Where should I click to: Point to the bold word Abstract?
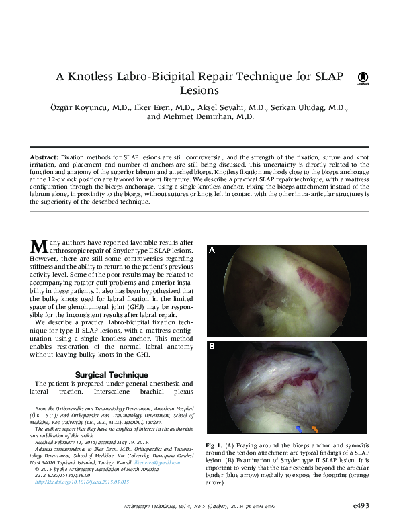[44, 156]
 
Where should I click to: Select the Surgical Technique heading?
[112, 374]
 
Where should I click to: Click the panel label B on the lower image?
[212, 347]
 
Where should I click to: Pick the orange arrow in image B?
[315, 428]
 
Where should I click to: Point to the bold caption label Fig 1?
[215, 446]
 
